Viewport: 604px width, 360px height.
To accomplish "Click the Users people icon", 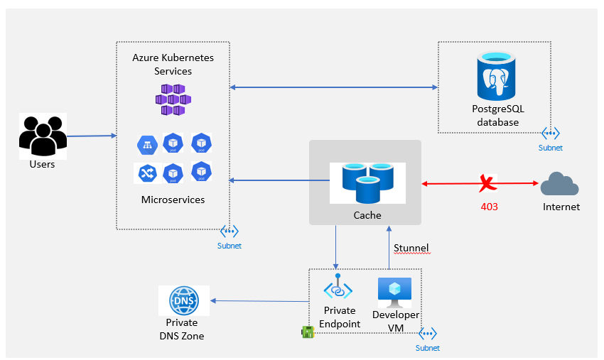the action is click(x=43, y=136).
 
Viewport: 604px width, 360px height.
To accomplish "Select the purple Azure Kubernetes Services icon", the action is click(x=173, y=99).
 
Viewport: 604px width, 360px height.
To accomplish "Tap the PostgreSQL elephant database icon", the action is click(x=496, y=76).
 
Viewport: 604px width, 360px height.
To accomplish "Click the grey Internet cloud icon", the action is click(x=559, y=184).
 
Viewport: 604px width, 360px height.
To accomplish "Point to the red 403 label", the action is click(x=489, y=207).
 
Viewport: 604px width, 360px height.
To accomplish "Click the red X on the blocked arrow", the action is click(x=487, y=183).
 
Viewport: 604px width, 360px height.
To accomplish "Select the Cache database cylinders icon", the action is click(x=368, y=183).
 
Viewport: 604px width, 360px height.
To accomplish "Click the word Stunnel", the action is click(x=411, y=248).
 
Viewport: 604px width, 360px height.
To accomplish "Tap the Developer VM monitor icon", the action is click(x=395, y=293).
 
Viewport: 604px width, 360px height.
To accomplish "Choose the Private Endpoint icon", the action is click(x=338, y=286).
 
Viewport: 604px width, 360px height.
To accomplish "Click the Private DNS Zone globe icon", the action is click(x=184, y=300).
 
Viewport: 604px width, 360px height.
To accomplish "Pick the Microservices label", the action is click(x=173, y=200).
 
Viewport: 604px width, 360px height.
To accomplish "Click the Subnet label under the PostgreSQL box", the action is click(x=551, y=148).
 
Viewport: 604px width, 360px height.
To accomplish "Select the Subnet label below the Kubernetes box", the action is click(x=230, y=246).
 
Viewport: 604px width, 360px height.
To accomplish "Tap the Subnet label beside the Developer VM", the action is click(x=428, y=348).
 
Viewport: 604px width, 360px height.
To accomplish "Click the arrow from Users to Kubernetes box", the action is click(x=92, y=136).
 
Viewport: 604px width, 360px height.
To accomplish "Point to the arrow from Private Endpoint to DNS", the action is click(x=259, y=301).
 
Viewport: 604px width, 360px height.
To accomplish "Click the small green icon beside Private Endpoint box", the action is click(x=308, y=332).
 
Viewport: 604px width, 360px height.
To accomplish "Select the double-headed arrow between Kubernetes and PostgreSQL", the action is click(x=334, y=87).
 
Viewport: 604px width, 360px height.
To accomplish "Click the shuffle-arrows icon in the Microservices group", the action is click(x=147, y=173).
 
